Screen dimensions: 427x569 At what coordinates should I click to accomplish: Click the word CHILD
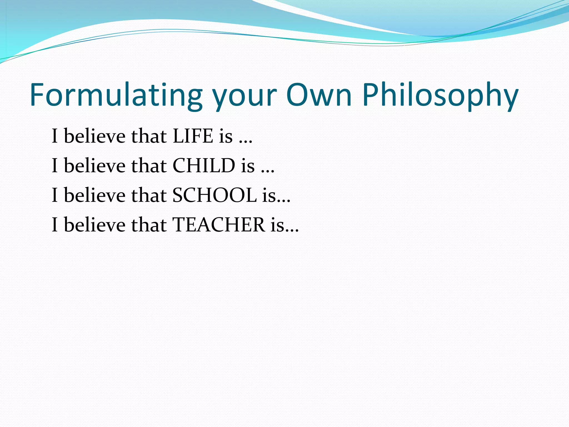coord(204,166)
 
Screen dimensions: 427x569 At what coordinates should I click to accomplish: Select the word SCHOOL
coord(214,195)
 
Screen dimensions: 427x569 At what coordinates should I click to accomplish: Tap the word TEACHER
coord(219,225)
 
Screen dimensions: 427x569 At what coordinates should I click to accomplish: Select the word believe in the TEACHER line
coord(95,225)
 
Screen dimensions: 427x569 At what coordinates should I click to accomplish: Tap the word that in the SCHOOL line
coord(149,195)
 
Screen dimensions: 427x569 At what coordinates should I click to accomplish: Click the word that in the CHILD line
coord(149,166)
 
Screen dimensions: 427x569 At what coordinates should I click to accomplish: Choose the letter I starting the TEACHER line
coord(55,225)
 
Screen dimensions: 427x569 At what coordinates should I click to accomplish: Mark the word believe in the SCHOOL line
coord(95,195)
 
